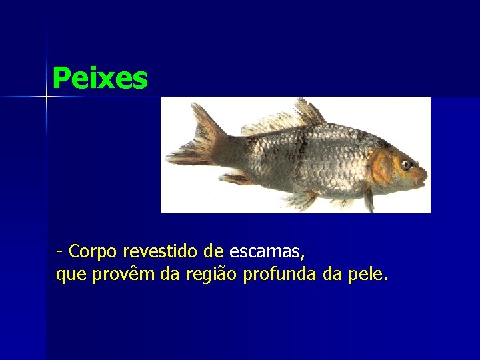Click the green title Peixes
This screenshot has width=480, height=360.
[x=99, y=78]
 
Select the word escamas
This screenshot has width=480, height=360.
[x=265, y=252]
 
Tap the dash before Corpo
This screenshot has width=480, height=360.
[x=60, y=252]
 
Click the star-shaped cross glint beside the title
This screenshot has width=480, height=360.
[x=47, y=97]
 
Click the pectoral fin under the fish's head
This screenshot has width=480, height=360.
[x=368, y=198]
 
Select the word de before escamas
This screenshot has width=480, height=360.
[x=213, y=251]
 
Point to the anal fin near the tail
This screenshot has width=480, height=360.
[x=237, y=178]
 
